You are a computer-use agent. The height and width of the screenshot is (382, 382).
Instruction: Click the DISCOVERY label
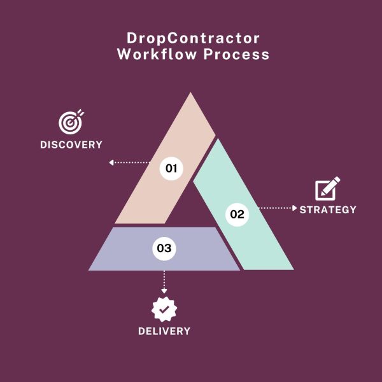coord(71,145)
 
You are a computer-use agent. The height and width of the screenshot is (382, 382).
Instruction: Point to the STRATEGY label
coord(328,209)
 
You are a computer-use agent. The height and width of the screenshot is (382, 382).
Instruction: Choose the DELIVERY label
coord(164,331)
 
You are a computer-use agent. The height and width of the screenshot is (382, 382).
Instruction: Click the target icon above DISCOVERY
coord(71,120)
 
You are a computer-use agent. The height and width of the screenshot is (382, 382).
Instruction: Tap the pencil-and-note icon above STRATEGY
coord(328,188)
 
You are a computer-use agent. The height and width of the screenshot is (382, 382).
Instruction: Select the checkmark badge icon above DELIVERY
coord(164,309)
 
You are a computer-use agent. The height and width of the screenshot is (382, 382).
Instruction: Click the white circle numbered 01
coord(171,169)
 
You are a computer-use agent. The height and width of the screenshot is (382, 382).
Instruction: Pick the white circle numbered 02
coord(237,215)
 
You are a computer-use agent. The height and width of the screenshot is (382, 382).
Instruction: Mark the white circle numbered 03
coord(164,248)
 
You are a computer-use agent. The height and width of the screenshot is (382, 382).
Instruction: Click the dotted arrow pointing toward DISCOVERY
coord(131,162)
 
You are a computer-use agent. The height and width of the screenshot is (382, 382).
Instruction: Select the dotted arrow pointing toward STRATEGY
coord(277,208)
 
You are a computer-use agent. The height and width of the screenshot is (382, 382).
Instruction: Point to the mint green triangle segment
coord(255,236)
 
